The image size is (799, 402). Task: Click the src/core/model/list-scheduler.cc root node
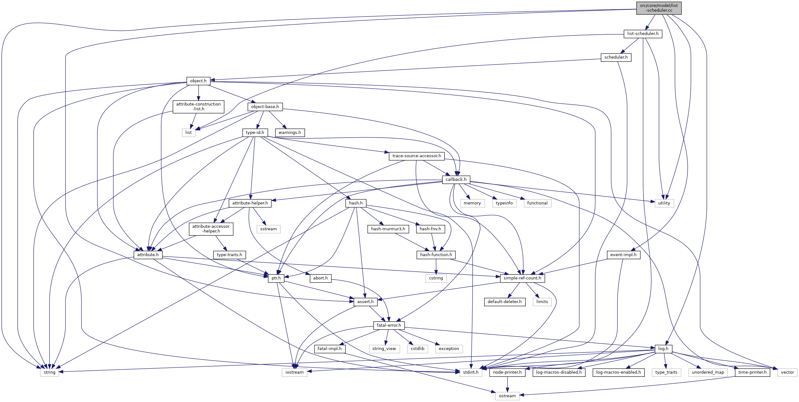(659, 8)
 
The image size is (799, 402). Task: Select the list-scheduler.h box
(643, 34)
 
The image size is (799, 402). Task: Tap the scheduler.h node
(616, 57)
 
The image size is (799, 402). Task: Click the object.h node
(198, 81)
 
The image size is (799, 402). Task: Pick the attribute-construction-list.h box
(198, 106)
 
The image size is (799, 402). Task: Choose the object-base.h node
(265, 107)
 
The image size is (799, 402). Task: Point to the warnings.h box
(290, 133)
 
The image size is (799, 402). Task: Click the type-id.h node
(255, 133)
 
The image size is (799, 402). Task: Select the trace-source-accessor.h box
(416, 156)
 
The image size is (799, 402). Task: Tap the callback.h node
(456, 180)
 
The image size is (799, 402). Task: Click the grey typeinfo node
(504, 203)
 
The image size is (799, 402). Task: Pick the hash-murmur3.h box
(388, 229)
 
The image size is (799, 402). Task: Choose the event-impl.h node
(623, 255)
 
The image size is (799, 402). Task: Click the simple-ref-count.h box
(522, 278)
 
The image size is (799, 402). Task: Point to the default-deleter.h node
(504, 302)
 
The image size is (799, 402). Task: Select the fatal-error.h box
(389, 325)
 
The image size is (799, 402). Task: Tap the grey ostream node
(507, 396)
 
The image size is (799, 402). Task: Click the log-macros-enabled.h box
(618, 372)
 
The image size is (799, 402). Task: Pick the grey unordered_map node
(708, 372)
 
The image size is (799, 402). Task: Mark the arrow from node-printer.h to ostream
(507, 384)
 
